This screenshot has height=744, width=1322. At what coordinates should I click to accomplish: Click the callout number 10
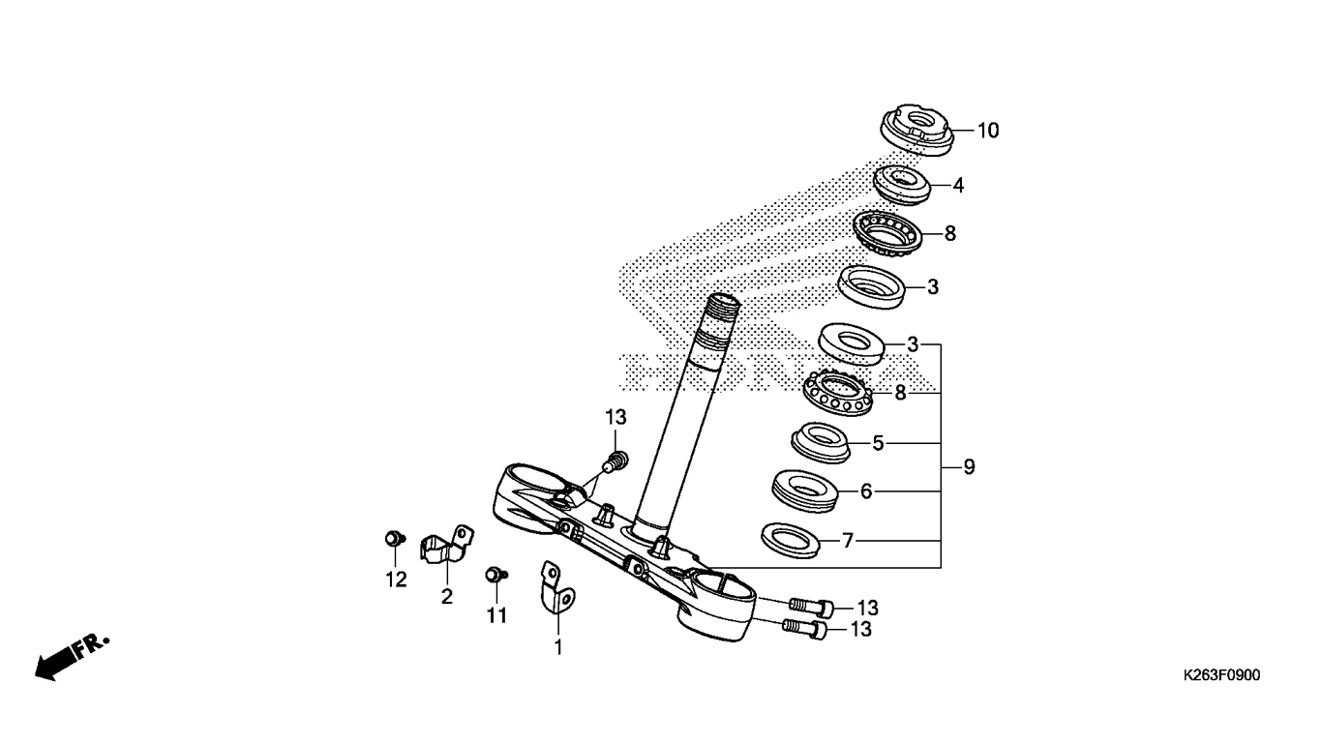coord(988,131)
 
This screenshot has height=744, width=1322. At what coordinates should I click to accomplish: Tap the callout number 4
coord(958,185)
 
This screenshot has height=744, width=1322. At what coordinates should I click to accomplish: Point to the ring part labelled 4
coord(902,186)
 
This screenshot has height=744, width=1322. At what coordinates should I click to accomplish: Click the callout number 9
coord(969,467)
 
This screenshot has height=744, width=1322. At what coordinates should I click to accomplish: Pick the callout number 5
coord(878,443)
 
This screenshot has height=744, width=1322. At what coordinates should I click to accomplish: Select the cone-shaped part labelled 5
coord(821,442)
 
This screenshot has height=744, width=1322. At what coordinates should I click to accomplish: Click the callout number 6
coord(866,491)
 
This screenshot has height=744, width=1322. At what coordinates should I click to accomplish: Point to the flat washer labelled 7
coord(791,540)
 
